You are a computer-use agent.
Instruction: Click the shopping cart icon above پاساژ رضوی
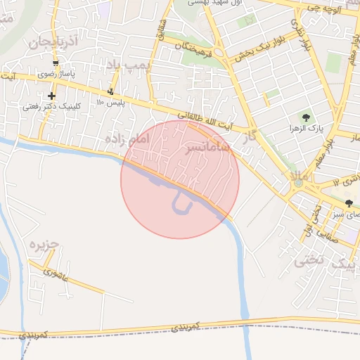tap(56, 63)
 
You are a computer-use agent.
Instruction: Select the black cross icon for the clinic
tap(51, 96)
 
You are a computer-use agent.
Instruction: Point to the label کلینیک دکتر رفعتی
tap(51, 107)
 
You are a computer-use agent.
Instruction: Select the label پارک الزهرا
tap(304, 129)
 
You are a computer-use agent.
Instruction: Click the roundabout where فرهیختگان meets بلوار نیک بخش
tap(220, 53)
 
